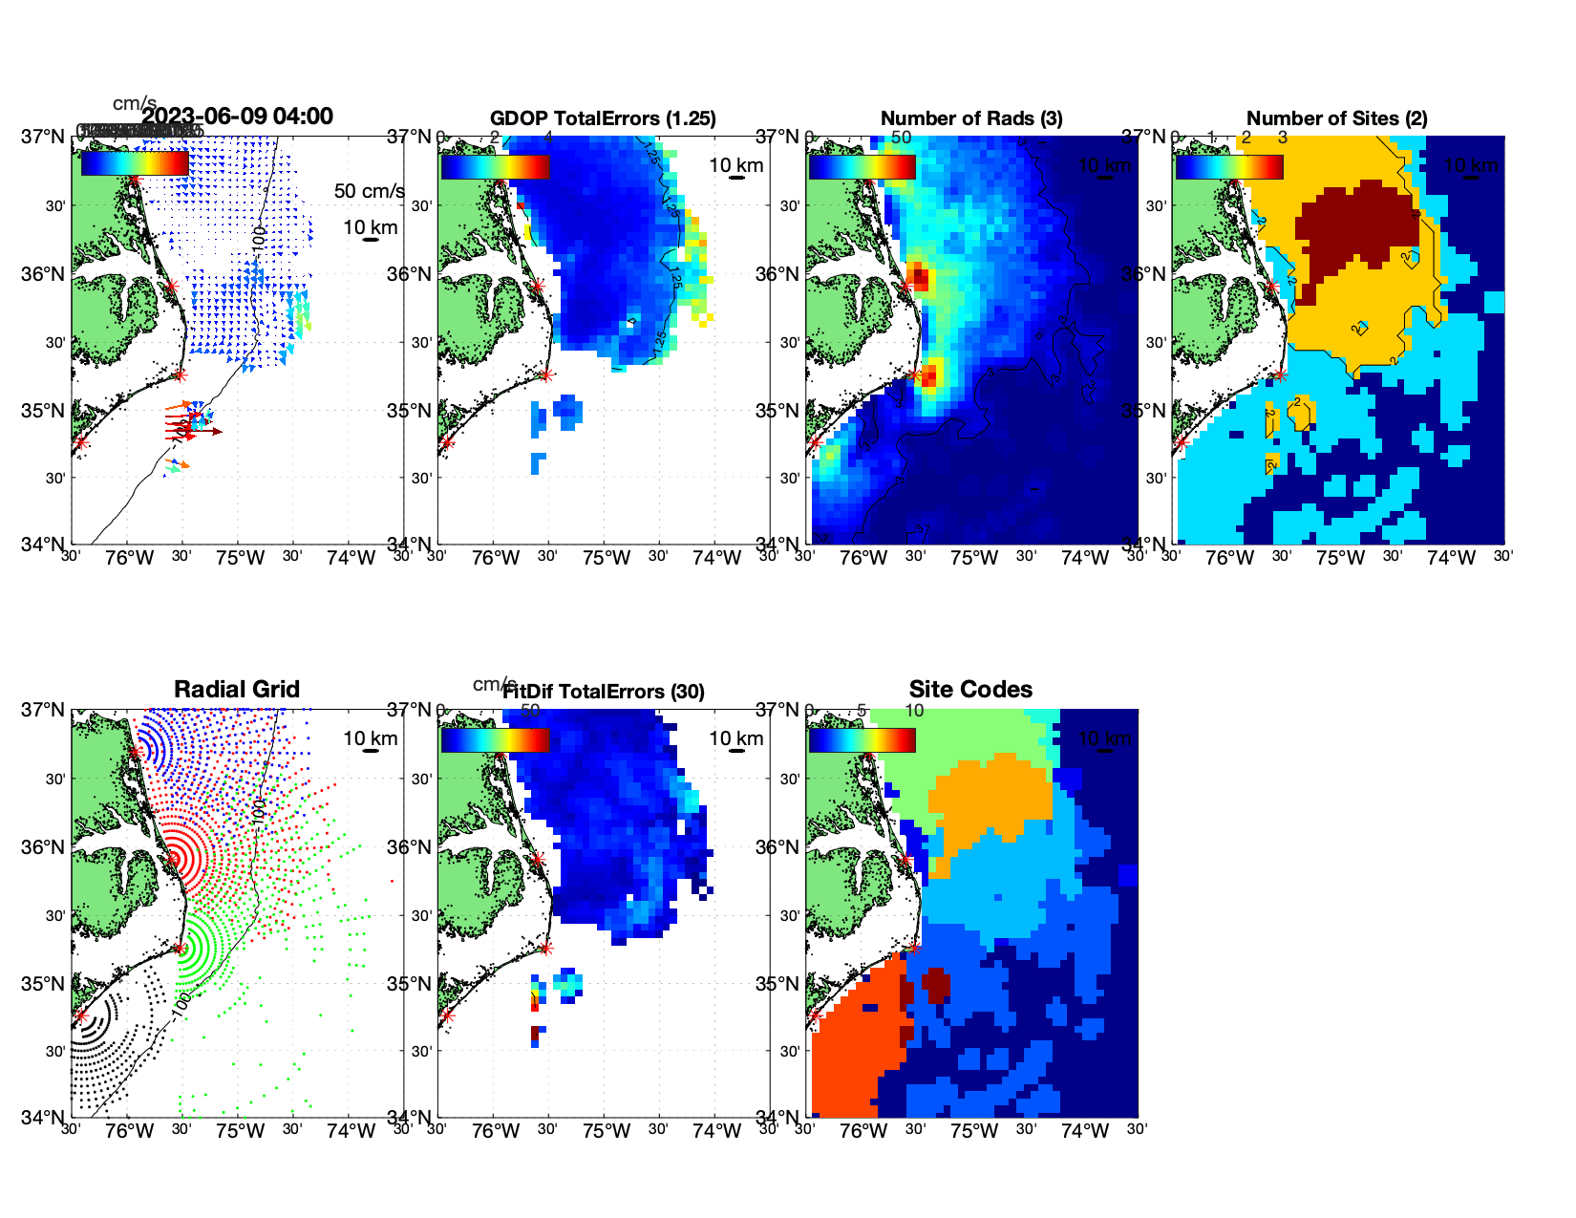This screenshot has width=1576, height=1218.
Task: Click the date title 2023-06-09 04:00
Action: pyautogui.click(x=237, y=117)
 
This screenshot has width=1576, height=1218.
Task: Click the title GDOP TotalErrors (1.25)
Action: pyautogui.click(x=603, y=118)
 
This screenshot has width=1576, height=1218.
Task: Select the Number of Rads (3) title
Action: pyautogui.click(x=970, y=118)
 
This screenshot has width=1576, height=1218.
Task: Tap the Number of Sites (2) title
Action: pyautogui.click(x=1336, y=118)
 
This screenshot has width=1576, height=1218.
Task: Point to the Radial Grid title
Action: pyautogui.click(x=237, y=690)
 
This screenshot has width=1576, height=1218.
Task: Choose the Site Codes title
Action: pyautogui.click(x=970, y=690)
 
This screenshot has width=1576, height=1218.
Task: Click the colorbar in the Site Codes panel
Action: pyautogui.click(x=862, y=740)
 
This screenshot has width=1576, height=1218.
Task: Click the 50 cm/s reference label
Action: pyautogui.click(x=369, y=191)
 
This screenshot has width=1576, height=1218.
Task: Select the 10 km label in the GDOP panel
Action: pyautogui.click(x=735, y=165)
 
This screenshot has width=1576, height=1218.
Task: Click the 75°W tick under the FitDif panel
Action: pyautogui.click(x=607, y=1132)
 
